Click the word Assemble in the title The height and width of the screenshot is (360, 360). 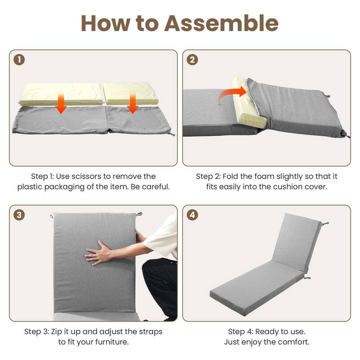pos(221,23)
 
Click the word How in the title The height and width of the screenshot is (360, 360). pos(105,23)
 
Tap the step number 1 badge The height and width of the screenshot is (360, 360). pos(19,60)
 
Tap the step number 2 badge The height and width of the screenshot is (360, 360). pos(193,60)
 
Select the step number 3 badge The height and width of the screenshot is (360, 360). pos(19,215)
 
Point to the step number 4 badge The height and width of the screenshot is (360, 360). pos(193,215)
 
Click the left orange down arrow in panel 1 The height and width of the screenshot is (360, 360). pos(61,103)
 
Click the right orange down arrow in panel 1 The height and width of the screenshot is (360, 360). pos(132,103)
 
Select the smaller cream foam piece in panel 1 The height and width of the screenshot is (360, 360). pos(131,93)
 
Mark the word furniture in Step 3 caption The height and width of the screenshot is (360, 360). pos(112,342)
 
